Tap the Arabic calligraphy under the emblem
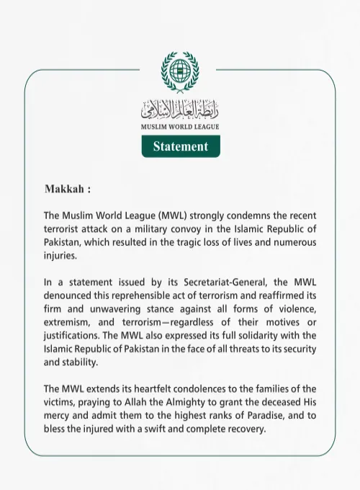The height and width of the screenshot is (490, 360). [x=180, y=110]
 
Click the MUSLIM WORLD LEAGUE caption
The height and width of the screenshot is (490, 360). [x=180, y=127]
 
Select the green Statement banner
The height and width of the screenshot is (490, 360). [x=180, y=146]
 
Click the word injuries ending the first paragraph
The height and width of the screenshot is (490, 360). [x=62, y=255]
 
